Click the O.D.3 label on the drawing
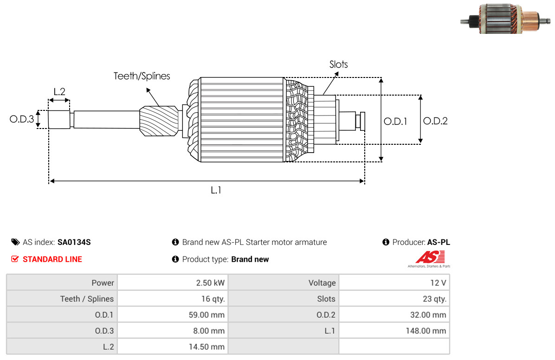22,119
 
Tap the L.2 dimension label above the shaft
59,92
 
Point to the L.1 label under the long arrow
216,191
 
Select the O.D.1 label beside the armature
395,122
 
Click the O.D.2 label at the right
435,121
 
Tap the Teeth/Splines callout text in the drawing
142,76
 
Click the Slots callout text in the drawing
339,64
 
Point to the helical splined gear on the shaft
159,121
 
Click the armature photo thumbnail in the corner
505,19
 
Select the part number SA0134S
74,242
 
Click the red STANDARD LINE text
52,259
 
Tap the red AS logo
430,257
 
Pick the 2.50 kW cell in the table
210,283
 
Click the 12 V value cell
438,283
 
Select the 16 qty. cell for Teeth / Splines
213,299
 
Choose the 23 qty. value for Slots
434,299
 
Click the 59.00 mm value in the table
207,315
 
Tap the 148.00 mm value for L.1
426,331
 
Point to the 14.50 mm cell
207,347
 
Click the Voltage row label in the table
322,283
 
